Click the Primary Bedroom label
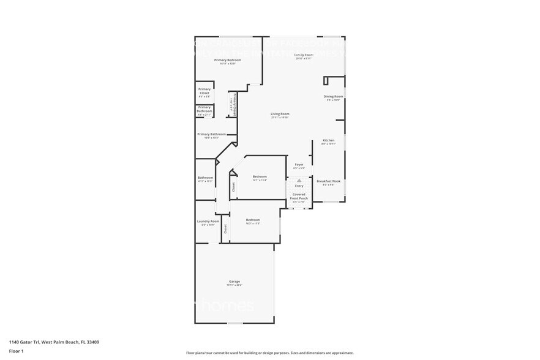[x=227, y=60]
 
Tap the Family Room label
[x=304, y=55]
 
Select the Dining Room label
[x=333, y=97]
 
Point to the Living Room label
[x=280, y=114]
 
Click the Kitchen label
[x=329, y=140]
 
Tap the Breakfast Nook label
[x=328, y=181]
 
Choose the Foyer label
[x=299, y=165]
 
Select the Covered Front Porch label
[x=299, y=197]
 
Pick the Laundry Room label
[x=208, y=222]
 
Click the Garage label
[x=234, y=282]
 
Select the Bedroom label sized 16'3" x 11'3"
[x=253, y=220]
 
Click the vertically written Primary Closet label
[x=233, y=105]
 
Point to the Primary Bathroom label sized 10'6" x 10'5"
[x=211, y=134]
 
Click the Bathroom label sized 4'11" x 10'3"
[x=205, y=178]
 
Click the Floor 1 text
[x=16, y=351]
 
